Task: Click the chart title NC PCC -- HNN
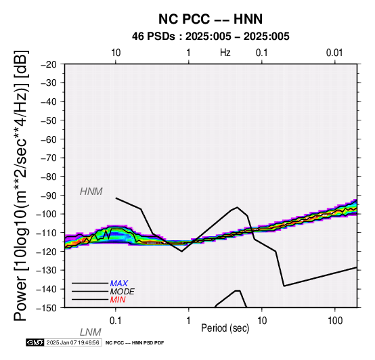click(211, 19)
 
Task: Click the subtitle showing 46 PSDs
click(211, 37)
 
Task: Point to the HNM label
click(91, 192)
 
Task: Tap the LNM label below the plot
click(91, 332)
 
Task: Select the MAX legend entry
click(118, 284)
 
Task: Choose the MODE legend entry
click(123, 292)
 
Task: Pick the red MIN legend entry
click(118, 300)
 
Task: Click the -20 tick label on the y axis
click(49, 64)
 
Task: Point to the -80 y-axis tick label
click(49, 177)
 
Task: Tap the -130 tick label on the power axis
click(47, 271)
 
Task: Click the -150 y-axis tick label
click(47, 308)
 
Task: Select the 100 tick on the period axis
click(335, 321)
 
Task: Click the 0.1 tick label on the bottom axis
click(116, 321)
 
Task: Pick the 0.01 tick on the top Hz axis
click(334, 53)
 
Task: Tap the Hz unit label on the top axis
click(225, 53)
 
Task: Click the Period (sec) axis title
click(225, 328)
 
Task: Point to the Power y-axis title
click(21, 185)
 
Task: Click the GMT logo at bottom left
click(35, 342)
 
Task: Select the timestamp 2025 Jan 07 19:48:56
click(72, 342)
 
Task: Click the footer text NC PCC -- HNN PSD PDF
click(135, 343)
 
